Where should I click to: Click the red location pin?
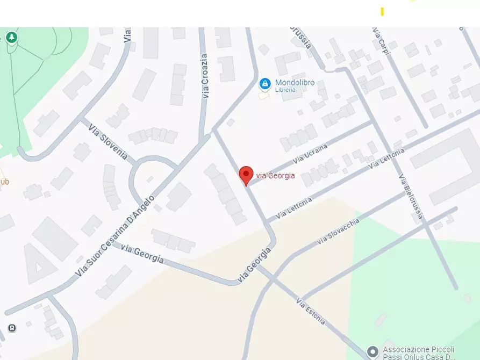246,175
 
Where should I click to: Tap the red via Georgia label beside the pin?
275,175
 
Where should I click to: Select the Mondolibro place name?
295,83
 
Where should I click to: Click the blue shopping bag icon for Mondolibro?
264,83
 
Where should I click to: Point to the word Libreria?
285,90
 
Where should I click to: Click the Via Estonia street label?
311,311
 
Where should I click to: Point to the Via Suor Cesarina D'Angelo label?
115,237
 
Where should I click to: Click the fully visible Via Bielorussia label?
410,198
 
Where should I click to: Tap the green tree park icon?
12,37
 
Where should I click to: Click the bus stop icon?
12,328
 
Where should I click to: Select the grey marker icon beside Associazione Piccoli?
372,352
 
